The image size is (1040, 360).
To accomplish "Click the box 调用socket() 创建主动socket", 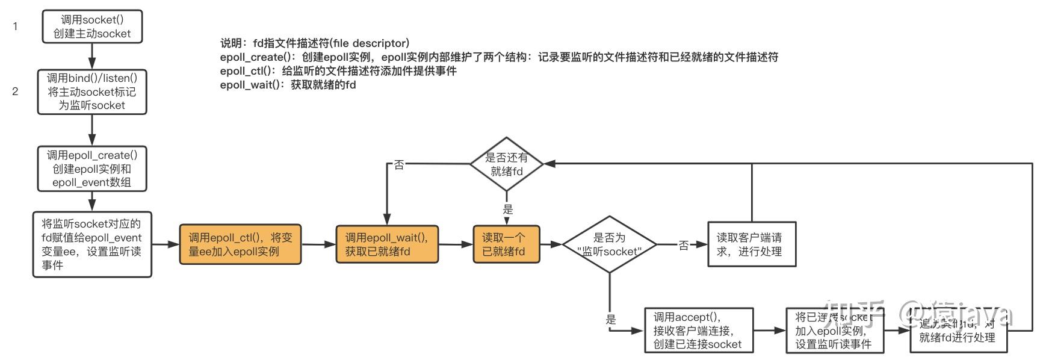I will [92, 26].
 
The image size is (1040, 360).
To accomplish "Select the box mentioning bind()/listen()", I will [92, 92].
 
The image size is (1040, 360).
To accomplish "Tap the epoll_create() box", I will [92, 169].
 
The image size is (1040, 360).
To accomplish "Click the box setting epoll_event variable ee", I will [92, 244].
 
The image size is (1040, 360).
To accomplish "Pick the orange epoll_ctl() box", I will [240, 244].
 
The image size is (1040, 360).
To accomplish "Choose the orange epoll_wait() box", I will [387, 244].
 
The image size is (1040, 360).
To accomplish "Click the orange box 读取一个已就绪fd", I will [506, 244].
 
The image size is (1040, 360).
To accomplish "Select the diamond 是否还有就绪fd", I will [506, 164].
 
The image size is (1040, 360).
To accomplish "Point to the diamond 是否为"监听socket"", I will [609, 244].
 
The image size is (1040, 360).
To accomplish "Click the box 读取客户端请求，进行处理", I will [752, 244].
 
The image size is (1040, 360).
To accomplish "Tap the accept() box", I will [699, 331].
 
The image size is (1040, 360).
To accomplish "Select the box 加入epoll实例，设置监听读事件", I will [835, 331].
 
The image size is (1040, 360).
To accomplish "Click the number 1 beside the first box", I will [15, 26].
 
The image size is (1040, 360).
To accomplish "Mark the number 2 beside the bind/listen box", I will [15, 92].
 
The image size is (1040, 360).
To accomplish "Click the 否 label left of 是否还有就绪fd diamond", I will [398, 164].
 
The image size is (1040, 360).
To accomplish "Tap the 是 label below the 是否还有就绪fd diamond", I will [508, 209].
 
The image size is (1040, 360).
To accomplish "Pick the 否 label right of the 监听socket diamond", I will [684, 245].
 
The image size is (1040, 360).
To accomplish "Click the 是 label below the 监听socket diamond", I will [611, 320].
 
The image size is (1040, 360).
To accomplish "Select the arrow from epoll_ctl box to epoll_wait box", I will [318, 244].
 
